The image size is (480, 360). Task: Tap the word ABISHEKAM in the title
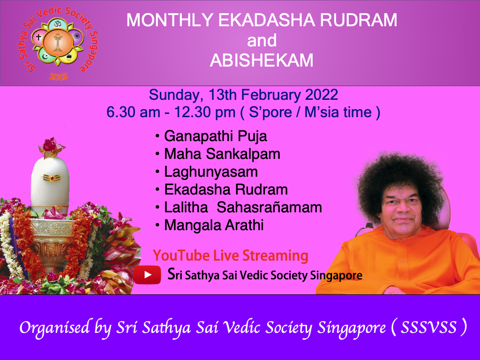[x=262, y=61]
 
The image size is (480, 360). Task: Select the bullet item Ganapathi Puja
[x=215, y=136]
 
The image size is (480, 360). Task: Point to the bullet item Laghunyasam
[x=210, y=172]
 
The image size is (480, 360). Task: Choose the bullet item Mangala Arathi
[x=214, y=225]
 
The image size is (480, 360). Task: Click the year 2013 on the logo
[x=58, y=76]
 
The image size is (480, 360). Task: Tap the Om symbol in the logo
[x=58, y=24]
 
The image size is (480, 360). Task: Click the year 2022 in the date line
[x=322, y=95]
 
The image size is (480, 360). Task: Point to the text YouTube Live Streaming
[x=231, y=256]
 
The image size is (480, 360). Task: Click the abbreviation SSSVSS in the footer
[x=429, y=328]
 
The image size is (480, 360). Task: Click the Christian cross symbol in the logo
[x=39, y=35]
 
